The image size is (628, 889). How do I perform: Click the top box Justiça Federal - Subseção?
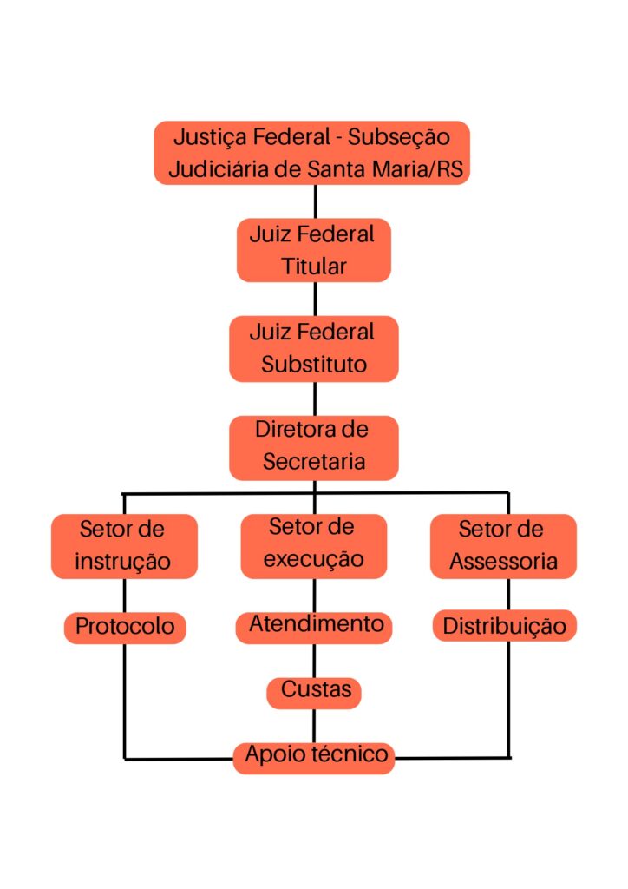pyautogui.click(x=312, y=153)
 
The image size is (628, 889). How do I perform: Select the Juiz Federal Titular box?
pyautogui.click(x=313, y=250)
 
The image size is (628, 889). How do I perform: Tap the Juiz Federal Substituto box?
pyautogui.click(x=313, y=348)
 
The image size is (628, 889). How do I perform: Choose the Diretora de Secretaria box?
pyautogui.click(x=313, y=446)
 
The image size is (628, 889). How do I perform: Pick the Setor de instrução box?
pyautogui.click(x=123, y=545)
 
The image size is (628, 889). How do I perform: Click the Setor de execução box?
pyautogui.click(x=313, y=543)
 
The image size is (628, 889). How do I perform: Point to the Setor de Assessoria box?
pyautogui.click(x=503, y=545)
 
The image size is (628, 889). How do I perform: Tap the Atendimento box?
pyautogui.click(x=315, y=625)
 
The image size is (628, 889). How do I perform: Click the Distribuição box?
pyautogui.click(x=504, y=626)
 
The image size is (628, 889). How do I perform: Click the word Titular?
pyautogui.click(x=313, y=267)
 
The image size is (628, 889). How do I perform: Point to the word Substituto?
pyautogui.click(x=313, y=365)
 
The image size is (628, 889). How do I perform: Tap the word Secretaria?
pyautogui.click(x=313, y=463)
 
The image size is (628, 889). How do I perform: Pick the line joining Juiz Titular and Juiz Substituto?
pyautogui.click(x=314, y=299)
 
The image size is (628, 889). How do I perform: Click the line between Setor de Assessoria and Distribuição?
pyautogui.click(x=508, y=594)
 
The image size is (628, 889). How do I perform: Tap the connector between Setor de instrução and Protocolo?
pyautogui.click(x=124, y=594)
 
